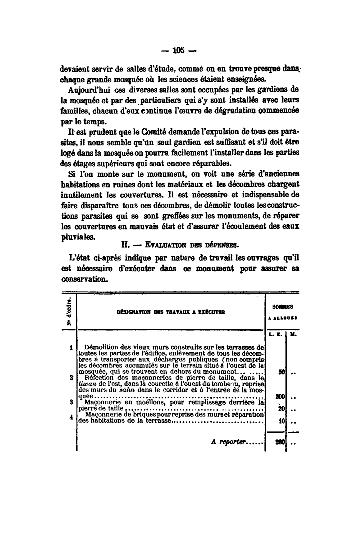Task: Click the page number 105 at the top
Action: tap(179, 50)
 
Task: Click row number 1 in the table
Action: tap(73, 346)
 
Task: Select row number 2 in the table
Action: tap(73, 378)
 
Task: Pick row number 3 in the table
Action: tap(73, 401)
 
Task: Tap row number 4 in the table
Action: tap(73, 414)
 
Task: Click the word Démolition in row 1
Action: tap(102, 346)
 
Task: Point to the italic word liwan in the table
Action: tap(88, 384)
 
